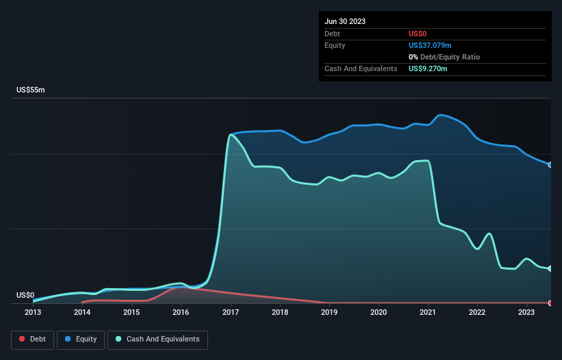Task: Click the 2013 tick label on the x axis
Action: point(33,313)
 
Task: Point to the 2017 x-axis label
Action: point(230,313)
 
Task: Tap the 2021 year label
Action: point(428,313)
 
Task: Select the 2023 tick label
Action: point(526,313)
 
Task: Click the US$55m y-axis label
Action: point(30,90)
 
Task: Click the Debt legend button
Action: point(31,339)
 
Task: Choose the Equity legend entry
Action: point(80,339)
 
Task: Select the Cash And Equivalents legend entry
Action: point(157,339)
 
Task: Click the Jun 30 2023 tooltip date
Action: point(345,21)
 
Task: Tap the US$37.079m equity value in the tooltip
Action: point(430,45)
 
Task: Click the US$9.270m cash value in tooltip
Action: point(428,68)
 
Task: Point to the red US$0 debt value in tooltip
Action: point(418,34)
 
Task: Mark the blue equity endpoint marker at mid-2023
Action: point(550,165)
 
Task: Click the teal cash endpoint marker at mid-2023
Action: point(550,268)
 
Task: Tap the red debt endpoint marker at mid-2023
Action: point(550,303)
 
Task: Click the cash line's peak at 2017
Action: point(231,134)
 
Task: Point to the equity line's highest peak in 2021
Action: point(440,114)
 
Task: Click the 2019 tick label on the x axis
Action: point(329,313)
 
